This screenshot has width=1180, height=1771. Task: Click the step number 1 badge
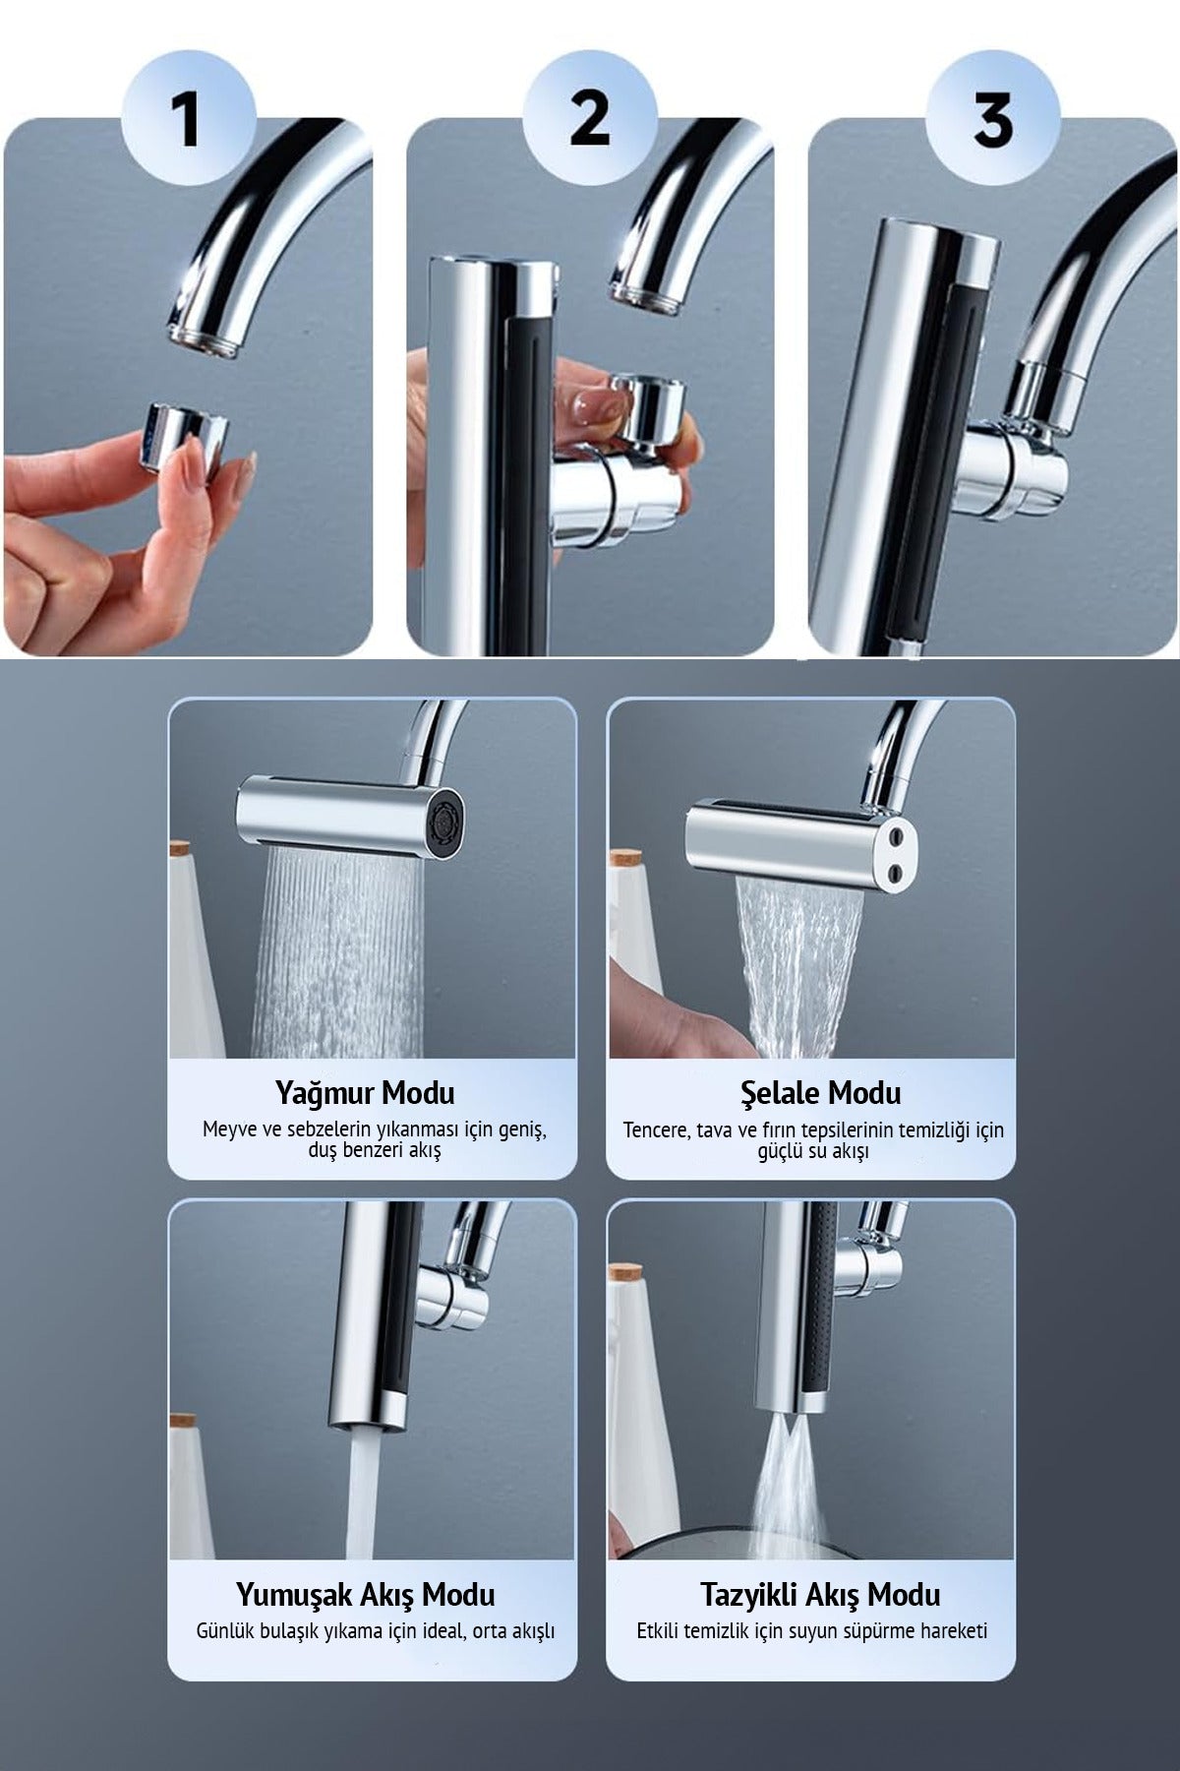pos(188,121)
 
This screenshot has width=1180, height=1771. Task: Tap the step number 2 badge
pos(590,121)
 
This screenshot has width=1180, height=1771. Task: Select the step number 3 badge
pos(993,121)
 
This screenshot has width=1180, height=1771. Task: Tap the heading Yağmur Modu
pos(365,1092)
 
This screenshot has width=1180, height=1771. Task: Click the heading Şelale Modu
pos(821,1092)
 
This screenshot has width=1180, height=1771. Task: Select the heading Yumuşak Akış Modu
pos(365,1594)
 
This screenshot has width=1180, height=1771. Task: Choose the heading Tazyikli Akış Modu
pos(821,1594)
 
